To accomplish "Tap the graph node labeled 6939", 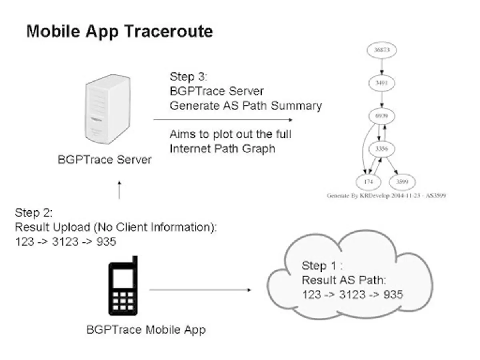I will tap(382, 116).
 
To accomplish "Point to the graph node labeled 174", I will tap(368, 182).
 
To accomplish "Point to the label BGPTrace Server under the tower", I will tap(105, 160).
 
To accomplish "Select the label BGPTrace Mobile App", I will tap(146, 330).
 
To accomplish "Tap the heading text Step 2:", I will tap(34, 212).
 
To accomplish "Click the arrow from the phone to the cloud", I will tap(200, 290).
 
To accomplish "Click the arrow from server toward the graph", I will tap(222, 120).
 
